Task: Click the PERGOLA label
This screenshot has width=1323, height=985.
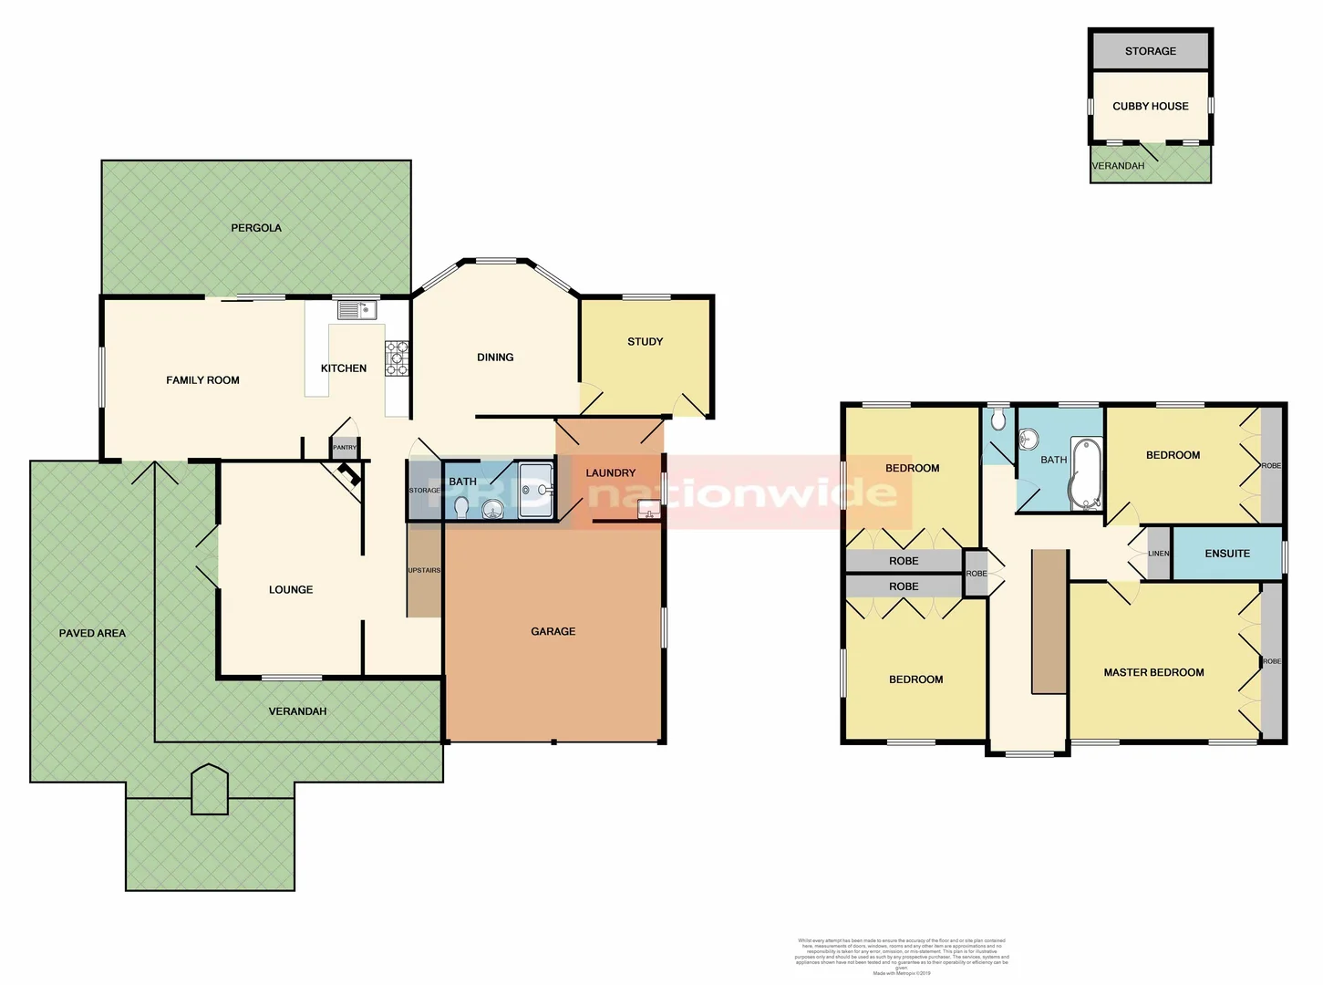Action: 256,228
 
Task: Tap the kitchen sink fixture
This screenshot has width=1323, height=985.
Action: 357,311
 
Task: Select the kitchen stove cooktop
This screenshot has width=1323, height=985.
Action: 397,358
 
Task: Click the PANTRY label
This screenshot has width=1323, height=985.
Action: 345,448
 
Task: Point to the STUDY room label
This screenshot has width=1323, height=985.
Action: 645,342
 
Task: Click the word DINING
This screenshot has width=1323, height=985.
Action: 495,358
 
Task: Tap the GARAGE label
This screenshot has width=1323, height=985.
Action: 553,631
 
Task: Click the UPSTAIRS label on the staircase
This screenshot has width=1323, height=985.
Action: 424,570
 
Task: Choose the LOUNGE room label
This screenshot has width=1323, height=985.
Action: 291,590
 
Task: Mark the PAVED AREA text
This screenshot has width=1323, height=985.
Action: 92,633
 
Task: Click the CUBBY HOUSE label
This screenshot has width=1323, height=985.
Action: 1150,107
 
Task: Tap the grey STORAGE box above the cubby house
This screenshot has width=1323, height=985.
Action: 1150,51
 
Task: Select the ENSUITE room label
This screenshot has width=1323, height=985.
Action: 1226,554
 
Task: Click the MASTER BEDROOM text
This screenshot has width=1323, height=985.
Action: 1153,673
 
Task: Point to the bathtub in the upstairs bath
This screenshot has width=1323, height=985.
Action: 1086,473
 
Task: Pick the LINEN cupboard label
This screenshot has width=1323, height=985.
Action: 1158,554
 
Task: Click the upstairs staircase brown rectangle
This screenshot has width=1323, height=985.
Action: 1049,621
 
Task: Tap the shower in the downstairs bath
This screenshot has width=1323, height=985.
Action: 535,491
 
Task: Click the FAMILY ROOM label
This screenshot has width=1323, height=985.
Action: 202,380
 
